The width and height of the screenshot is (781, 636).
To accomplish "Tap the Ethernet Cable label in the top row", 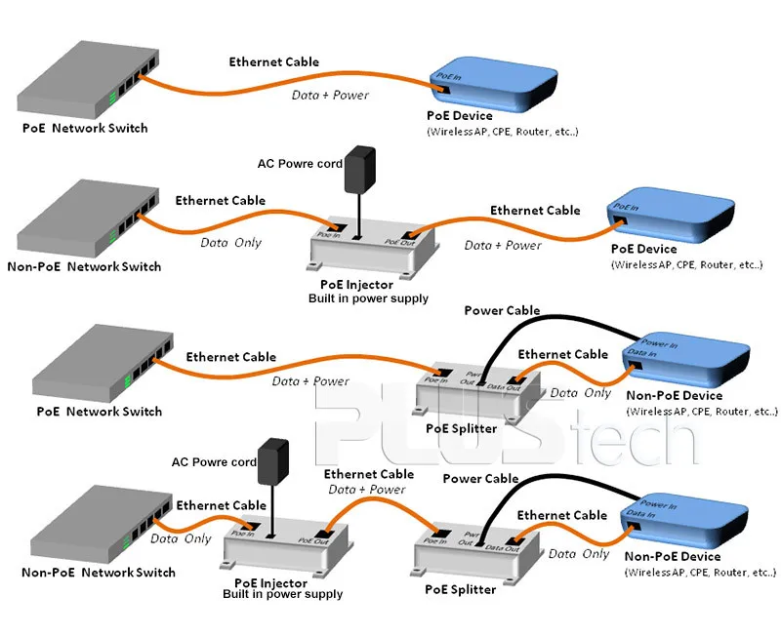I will coord(273,62).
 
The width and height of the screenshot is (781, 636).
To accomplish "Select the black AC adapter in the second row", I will coord(362,170).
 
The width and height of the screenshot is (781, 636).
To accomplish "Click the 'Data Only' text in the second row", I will coord(231,242).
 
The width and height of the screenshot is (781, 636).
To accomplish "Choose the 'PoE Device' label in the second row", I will coord(643,250).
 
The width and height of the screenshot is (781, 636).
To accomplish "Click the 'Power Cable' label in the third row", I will coord(502,311).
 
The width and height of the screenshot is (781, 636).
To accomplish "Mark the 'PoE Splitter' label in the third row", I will coord(461,429).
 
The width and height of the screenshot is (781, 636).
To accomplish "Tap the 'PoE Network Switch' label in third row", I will coord(99,412).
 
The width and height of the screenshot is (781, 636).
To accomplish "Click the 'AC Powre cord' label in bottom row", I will coord(214,462).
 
